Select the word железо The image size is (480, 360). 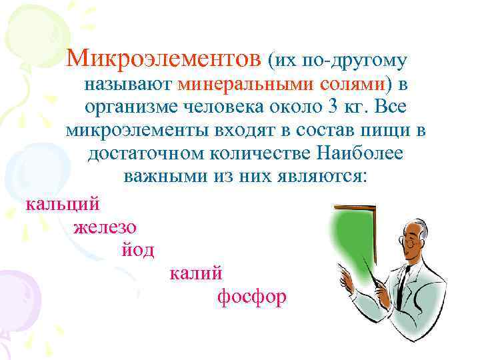(x=105, y=227)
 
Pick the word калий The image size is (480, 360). (x=197, y=273)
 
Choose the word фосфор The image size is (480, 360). (x=252, y=296)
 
